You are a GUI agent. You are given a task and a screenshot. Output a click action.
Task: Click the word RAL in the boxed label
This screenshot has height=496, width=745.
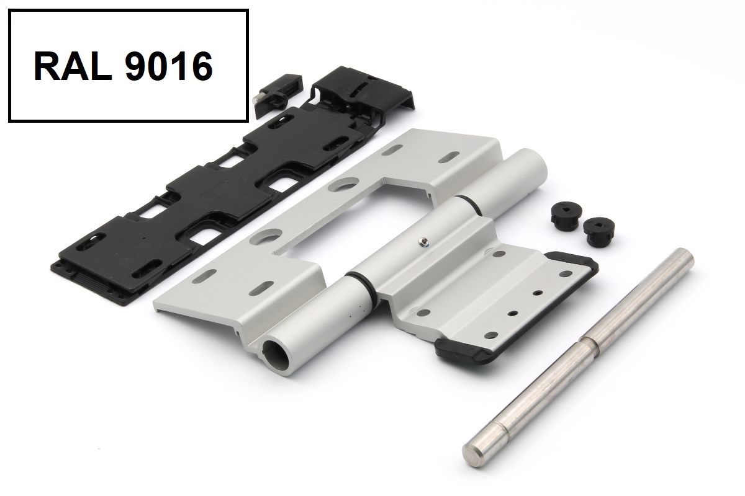(73, 66)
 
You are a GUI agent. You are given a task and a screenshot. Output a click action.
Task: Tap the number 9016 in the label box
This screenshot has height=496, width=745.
(169, 66)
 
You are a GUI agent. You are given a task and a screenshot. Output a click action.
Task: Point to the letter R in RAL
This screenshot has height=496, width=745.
(46, 66)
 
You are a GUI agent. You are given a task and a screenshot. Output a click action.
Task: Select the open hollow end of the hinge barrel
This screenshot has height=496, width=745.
(275, 353)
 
